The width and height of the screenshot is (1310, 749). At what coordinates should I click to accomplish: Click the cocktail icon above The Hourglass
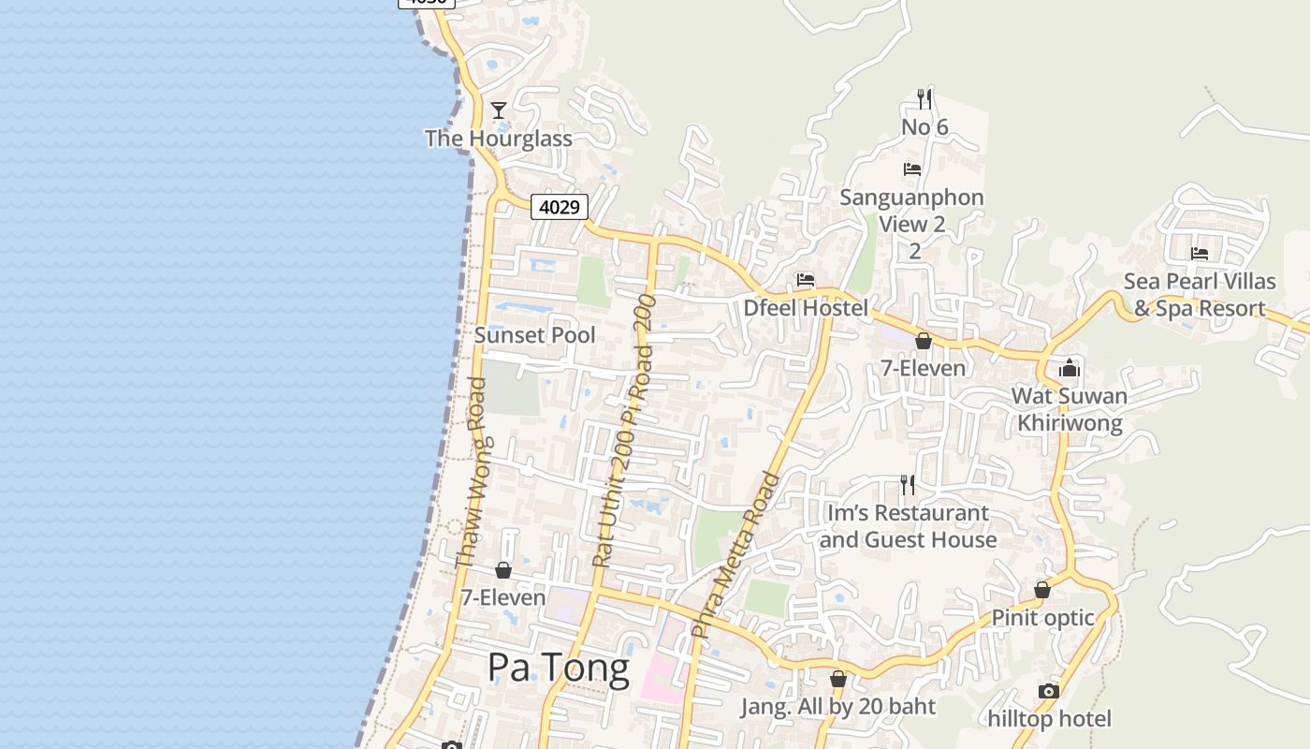[499, 110]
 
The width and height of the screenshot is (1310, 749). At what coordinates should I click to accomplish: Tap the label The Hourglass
[498, 139]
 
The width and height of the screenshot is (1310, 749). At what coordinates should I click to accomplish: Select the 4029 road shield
[560, 207]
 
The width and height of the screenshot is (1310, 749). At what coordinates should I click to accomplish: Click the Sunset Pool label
[534, 335]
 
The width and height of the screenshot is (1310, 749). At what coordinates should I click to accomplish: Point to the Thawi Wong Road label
[470, 473]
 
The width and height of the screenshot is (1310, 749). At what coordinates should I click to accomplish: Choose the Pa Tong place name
[558, 668]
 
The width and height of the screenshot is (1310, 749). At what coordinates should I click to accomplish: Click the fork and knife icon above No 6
[924, 98]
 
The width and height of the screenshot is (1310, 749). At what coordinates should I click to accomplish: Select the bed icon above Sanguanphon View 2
[912, 169]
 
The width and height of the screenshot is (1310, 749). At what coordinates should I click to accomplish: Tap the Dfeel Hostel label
[806, 308]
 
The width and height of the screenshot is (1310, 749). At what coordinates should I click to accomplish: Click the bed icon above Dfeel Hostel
[805, 280]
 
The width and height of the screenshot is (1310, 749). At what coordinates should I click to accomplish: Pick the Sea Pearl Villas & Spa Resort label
[1200, 295]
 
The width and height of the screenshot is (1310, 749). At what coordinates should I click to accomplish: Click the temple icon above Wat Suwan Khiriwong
[1070, 368]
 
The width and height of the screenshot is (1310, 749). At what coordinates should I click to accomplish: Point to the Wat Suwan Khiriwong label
[1070, 410]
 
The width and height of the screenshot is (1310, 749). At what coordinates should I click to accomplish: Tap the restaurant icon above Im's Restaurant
[908, 484]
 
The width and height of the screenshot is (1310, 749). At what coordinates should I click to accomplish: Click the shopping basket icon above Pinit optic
[1042, 590]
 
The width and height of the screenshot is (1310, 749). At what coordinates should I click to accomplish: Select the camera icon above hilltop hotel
[1049, 691]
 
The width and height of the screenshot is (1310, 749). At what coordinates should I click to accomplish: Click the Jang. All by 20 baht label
[838, 707]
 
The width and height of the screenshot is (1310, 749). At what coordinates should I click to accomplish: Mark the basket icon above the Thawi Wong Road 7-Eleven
[503, 569]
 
